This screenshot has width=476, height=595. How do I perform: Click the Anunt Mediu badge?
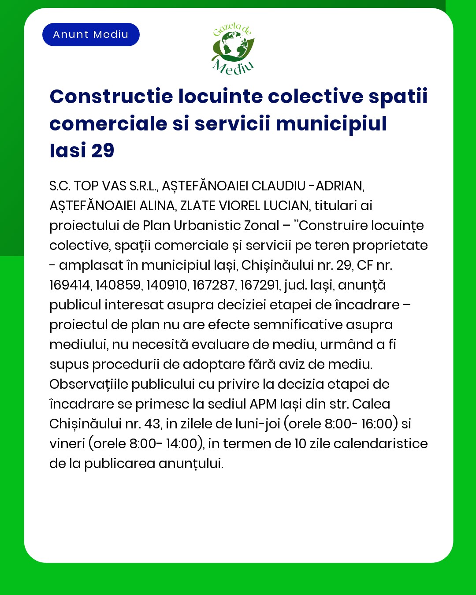tap(91, 34)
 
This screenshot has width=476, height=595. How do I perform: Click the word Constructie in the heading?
tap(111, 97)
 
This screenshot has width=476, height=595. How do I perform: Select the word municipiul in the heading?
tap(331, 123)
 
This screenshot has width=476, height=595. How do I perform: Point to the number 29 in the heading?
tap(103, 151)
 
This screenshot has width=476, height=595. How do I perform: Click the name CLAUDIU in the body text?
tap(278, 186)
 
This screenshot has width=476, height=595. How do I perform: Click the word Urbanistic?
tap(204, 226)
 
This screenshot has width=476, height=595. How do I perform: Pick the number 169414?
tap(70, 285)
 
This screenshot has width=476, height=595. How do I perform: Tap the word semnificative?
tap(298, 325)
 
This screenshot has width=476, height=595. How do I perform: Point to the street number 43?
tap(152, 424)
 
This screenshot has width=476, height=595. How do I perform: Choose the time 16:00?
tap(377, 424)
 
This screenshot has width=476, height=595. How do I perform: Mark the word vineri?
tap(67, 444)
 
